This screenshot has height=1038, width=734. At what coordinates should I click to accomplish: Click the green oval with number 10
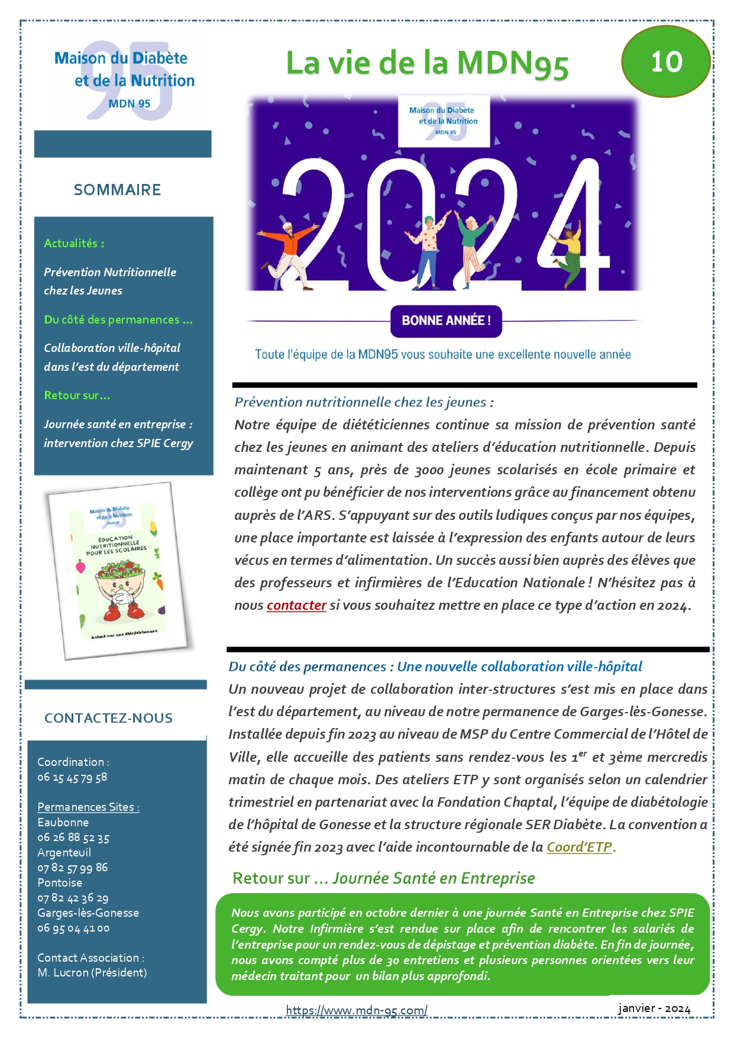click(665, 62)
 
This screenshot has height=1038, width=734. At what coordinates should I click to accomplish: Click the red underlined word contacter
click(296, 606)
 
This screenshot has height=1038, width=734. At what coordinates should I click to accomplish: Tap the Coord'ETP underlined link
click(579, 847)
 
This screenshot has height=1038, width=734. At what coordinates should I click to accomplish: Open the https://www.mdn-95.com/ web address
click(357, 1010)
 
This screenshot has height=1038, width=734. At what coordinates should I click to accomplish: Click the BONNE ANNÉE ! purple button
click(446, 321)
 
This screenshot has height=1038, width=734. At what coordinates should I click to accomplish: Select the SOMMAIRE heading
click(117, 190)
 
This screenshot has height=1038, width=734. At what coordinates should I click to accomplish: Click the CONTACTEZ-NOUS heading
click(108, 718)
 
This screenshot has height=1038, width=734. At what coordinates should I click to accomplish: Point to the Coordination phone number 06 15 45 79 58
click(72, 778)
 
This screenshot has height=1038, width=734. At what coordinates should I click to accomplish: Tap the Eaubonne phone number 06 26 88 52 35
click(73, 838)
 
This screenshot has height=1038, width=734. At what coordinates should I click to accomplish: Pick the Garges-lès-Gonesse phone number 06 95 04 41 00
click(73, 929)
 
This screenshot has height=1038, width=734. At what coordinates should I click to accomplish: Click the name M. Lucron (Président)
click(92, 973)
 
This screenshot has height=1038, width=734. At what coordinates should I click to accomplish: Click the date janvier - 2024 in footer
click(654, 1009)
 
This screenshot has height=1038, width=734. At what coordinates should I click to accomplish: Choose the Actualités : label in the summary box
click(74, 243)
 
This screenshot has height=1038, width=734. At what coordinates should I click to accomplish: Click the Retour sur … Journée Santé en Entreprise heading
click(384, 878)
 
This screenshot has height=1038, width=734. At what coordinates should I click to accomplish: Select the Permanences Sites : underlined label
click(88, 807)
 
